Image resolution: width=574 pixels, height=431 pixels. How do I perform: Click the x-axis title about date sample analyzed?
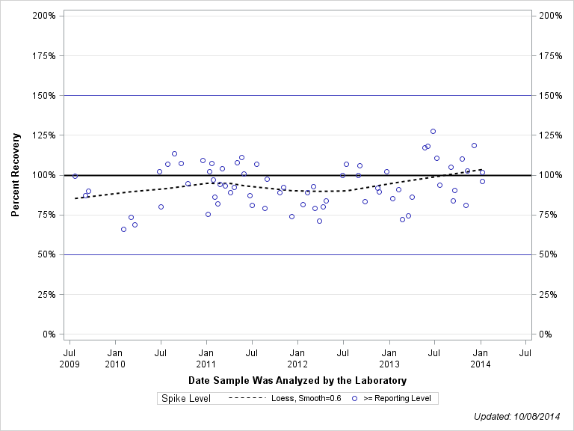coord(297,381)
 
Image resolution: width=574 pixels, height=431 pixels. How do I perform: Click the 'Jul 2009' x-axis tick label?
coord(70,357)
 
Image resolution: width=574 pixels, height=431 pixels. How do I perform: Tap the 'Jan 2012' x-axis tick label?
coord(297,357)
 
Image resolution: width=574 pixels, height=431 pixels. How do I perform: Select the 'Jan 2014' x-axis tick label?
coord(481,357)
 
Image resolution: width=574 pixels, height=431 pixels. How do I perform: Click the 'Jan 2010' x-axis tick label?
coord(115,357)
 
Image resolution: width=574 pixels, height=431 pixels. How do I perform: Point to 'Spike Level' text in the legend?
coord(186,399)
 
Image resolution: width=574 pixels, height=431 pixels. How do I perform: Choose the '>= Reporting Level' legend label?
coord(397,399)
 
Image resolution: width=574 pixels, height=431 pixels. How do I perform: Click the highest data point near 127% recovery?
coord(433,131)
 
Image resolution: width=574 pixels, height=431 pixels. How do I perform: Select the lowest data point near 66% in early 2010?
coord(123,229)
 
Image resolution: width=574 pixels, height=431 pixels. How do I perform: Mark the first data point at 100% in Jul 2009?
coord(75,176)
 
